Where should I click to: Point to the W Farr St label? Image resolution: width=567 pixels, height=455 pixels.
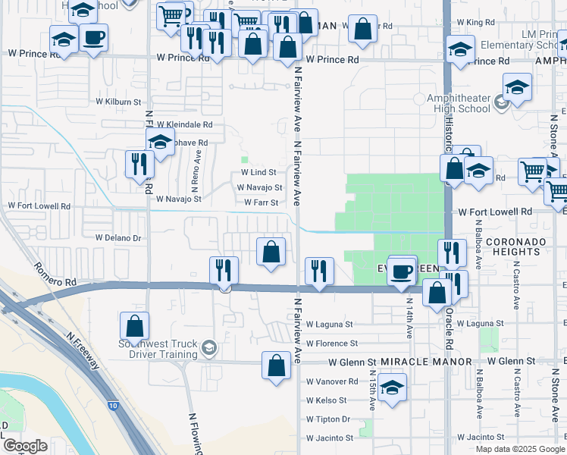coord(262,202)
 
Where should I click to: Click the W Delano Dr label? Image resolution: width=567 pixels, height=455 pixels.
coord(118,237)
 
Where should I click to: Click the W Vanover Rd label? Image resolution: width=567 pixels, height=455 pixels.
coord(331,381)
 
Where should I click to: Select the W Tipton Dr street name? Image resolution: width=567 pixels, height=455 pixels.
coord(327,419)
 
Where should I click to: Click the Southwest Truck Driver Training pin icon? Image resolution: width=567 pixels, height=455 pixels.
coord(208,349)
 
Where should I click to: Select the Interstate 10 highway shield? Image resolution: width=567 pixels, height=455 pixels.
coord(113,406)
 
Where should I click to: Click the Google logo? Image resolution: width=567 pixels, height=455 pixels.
coord(25,446)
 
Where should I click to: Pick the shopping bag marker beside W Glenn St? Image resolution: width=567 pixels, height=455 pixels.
coord(276,365)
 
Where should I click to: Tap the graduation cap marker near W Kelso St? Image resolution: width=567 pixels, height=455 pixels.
coord(391,388)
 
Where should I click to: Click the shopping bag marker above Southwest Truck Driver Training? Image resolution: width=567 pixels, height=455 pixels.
coord(134,327)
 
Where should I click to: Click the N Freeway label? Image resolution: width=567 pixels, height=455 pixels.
coord(83,350)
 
